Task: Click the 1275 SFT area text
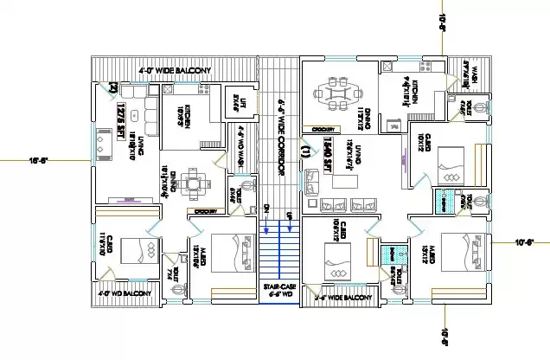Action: (x=119, y=114)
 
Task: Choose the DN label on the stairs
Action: (x=266, y=209)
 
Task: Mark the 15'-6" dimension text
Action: (x=38, y=159)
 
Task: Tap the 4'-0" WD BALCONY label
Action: (x=125, y=294)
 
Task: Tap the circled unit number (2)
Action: (x=112, y=86)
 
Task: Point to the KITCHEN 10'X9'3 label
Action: (x=183, y=118)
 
